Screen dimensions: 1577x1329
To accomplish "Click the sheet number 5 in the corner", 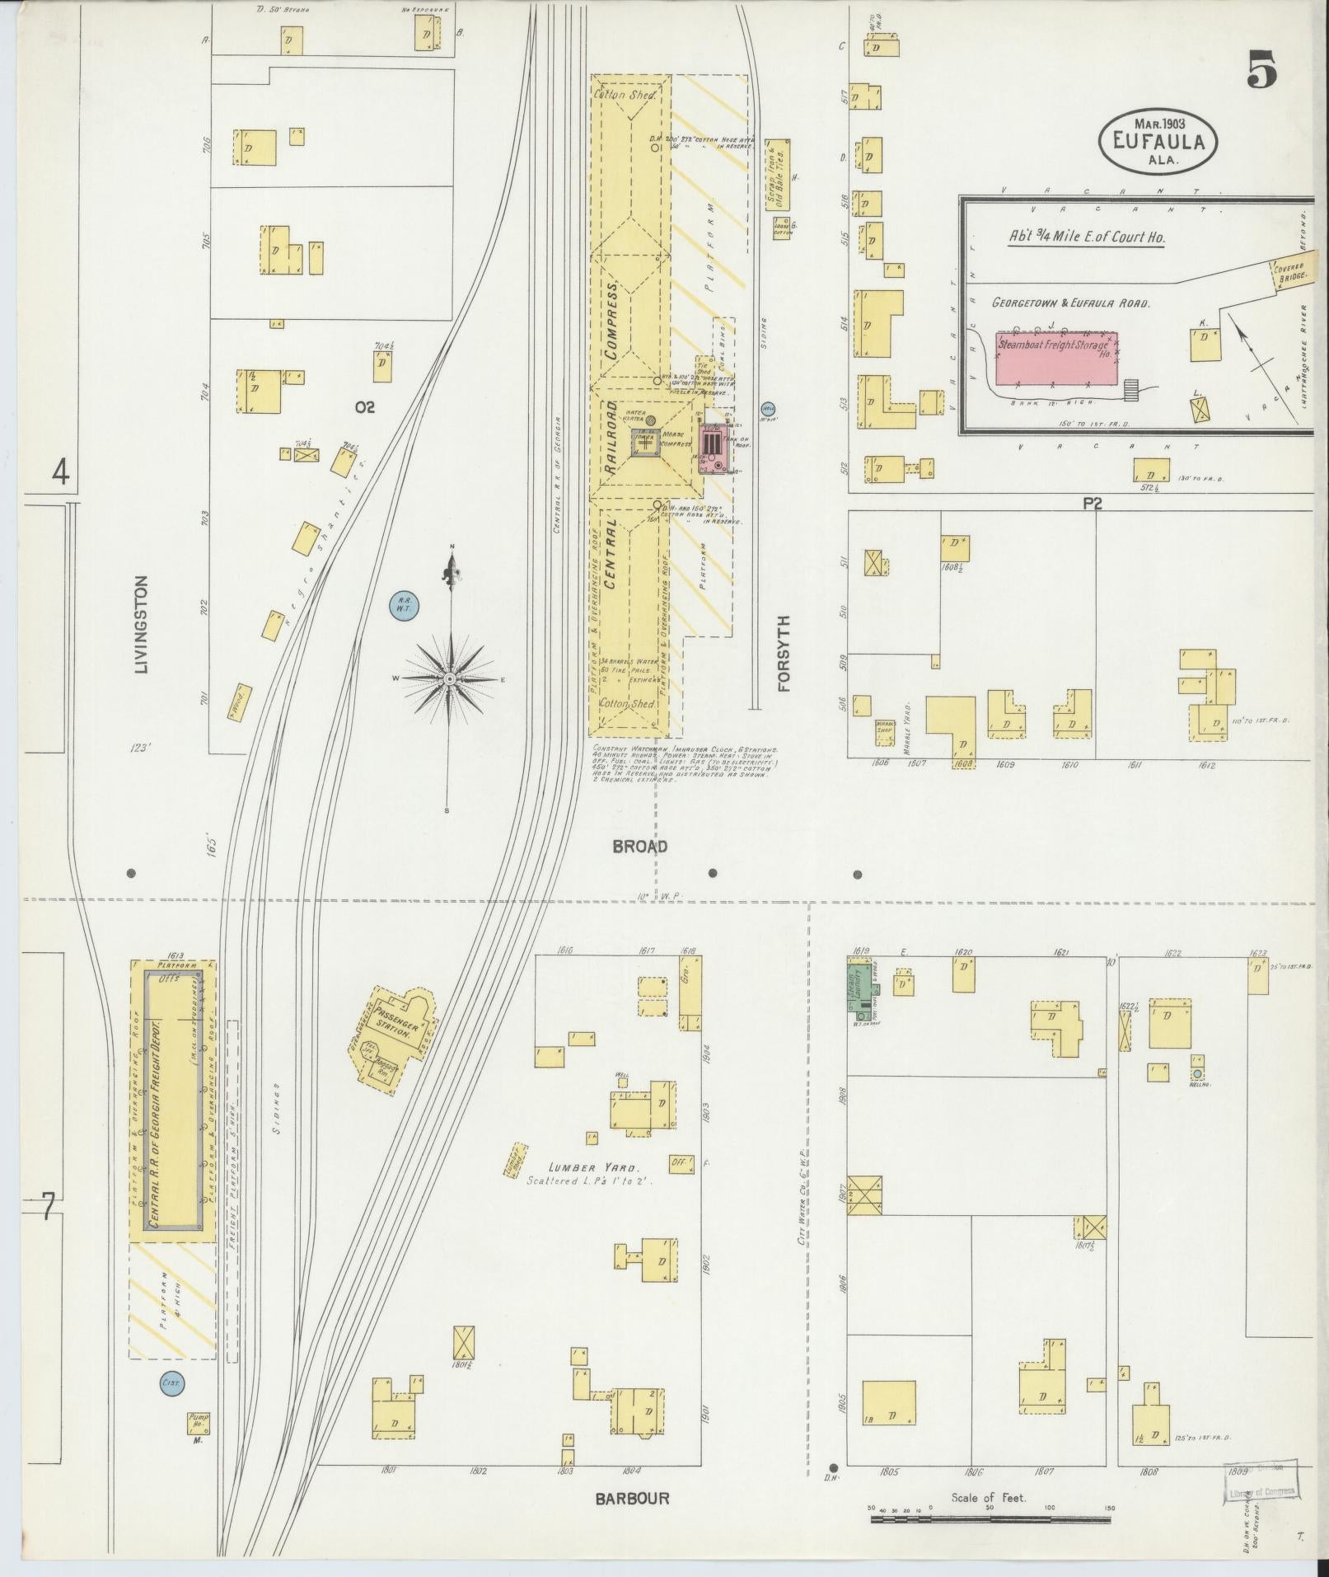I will click(x=1261, y=68).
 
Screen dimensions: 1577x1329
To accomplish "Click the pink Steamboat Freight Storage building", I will click(x=1057, y=359).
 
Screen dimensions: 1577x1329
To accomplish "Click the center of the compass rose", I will click(x=450, y=678).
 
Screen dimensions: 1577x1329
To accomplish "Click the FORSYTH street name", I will click(x=783, y=653).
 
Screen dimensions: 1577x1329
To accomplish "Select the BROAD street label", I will click(x=639, y=846).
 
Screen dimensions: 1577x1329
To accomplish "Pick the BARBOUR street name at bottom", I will click(x=633, y=1498).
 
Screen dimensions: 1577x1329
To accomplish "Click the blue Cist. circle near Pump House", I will click(x=171, y=1382).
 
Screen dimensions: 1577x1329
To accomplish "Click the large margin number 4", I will click(x=61, y=472).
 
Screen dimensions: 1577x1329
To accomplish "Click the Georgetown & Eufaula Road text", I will click(x=1070, y=303).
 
